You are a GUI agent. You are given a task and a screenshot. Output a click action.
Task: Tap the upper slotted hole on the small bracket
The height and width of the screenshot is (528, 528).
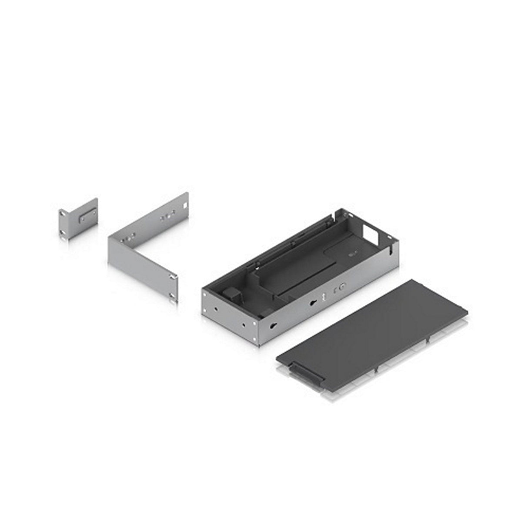[x=63, y=214]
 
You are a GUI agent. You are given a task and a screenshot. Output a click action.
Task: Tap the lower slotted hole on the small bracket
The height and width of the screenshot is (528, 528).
[x=64, y=236]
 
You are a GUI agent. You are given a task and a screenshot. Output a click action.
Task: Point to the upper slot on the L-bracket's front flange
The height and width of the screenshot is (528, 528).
[x=174, y=277]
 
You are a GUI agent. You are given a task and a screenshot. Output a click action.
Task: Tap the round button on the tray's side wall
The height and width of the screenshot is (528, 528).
[x=342, y=287]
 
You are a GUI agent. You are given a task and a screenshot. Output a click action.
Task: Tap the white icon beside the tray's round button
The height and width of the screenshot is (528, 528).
[x=324, y=296]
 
